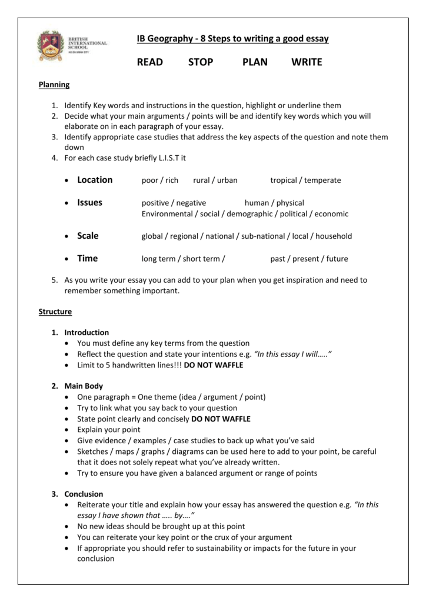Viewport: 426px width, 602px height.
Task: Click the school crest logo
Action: (49, 47)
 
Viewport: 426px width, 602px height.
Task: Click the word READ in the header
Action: (149, 62)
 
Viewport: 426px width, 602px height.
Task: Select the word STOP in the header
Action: (201, 62)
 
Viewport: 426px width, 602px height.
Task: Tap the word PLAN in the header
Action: (255, 62)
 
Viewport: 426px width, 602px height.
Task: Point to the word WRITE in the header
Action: (307, 62)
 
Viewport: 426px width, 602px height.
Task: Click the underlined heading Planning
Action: (54, 85)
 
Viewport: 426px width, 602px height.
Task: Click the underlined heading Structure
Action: (55, 312)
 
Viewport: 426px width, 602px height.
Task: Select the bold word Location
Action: (95, 180)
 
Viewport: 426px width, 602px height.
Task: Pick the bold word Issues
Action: (89, 203)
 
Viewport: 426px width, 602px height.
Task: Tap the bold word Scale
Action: (88, 236)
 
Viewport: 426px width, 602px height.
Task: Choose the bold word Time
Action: (87, 259)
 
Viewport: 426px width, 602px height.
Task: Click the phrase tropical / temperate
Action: (305, 180)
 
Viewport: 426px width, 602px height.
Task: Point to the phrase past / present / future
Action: (309, 259)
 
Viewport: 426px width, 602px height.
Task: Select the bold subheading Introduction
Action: (86, 333)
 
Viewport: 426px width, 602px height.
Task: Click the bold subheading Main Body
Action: (84, 386)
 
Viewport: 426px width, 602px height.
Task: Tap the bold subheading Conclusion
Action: (84, 494)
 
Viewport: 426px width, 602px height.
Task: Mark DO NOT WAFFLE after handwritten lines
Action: (214, 365)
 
